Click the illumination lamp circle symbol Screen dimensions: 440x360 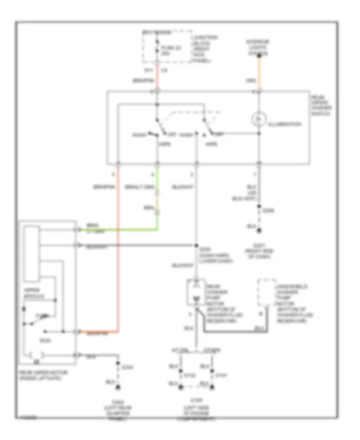point(259,119)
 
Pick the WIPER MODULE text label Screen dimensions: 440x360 point(34,294)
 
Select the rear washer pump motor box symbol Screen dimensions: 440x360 point(196,293)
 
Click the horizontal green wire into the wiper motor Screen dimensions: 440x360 point(120,230)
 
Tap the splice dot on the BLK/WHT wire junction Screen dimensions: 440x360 point(197,245)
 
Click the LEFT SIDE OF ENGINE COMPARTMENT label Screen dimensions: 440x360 point(196,413)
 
